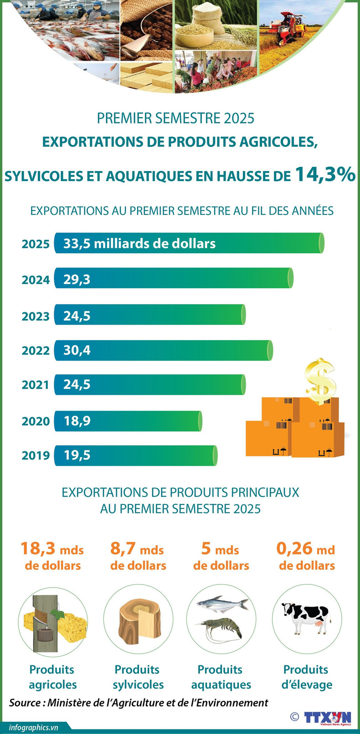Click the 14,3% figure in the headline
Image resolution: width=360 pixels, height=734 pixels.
pos(325,174)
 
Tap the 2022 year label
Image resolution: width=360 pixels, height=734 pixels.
pos(36,351)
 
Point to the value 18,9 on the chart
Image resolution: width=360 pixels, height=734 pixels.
pos(77,421)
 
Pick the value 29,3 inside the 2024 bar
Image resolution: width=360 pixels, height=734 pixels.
pos(77,279)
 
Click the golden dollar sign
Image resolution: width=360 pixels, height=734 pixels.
pos(320,381)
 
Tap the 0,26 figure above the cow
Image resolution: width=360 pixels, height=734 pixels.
pos(294,548)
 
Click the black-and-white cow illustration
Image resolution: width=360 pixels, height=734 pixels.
pos(305,617)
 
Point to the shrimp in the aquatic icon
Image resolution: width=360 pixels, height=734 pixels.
pos(221,629)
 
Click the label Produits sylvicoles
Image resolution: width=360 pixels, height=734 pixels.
pos(138,677)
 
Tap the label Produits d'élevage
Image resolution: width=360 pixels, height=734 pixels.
pos(306,677)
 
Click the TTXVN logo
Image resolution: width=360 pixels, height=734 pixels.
pos(328,717)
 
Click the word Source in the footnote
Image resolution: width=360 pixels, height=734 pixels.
pos(25,703)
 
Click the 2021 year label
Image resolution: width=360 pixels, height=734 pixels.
pos(36,385)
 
